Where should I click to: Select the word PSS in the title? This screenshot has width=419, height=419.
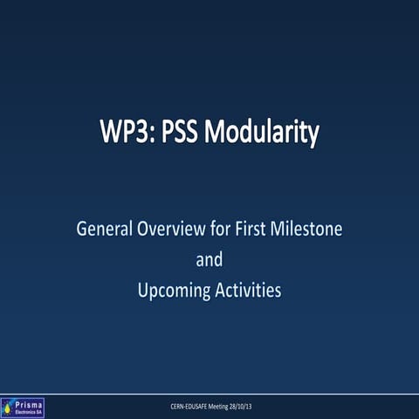(x=176, y=134)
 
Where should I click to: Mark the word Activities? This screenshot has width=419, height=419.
(x=248, y=291)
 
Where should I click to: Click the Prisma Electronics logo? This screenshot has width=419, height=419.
(x=23, y=407)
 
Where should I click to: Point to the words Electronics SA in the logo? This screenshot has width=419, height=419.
(x=28, y=411)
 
